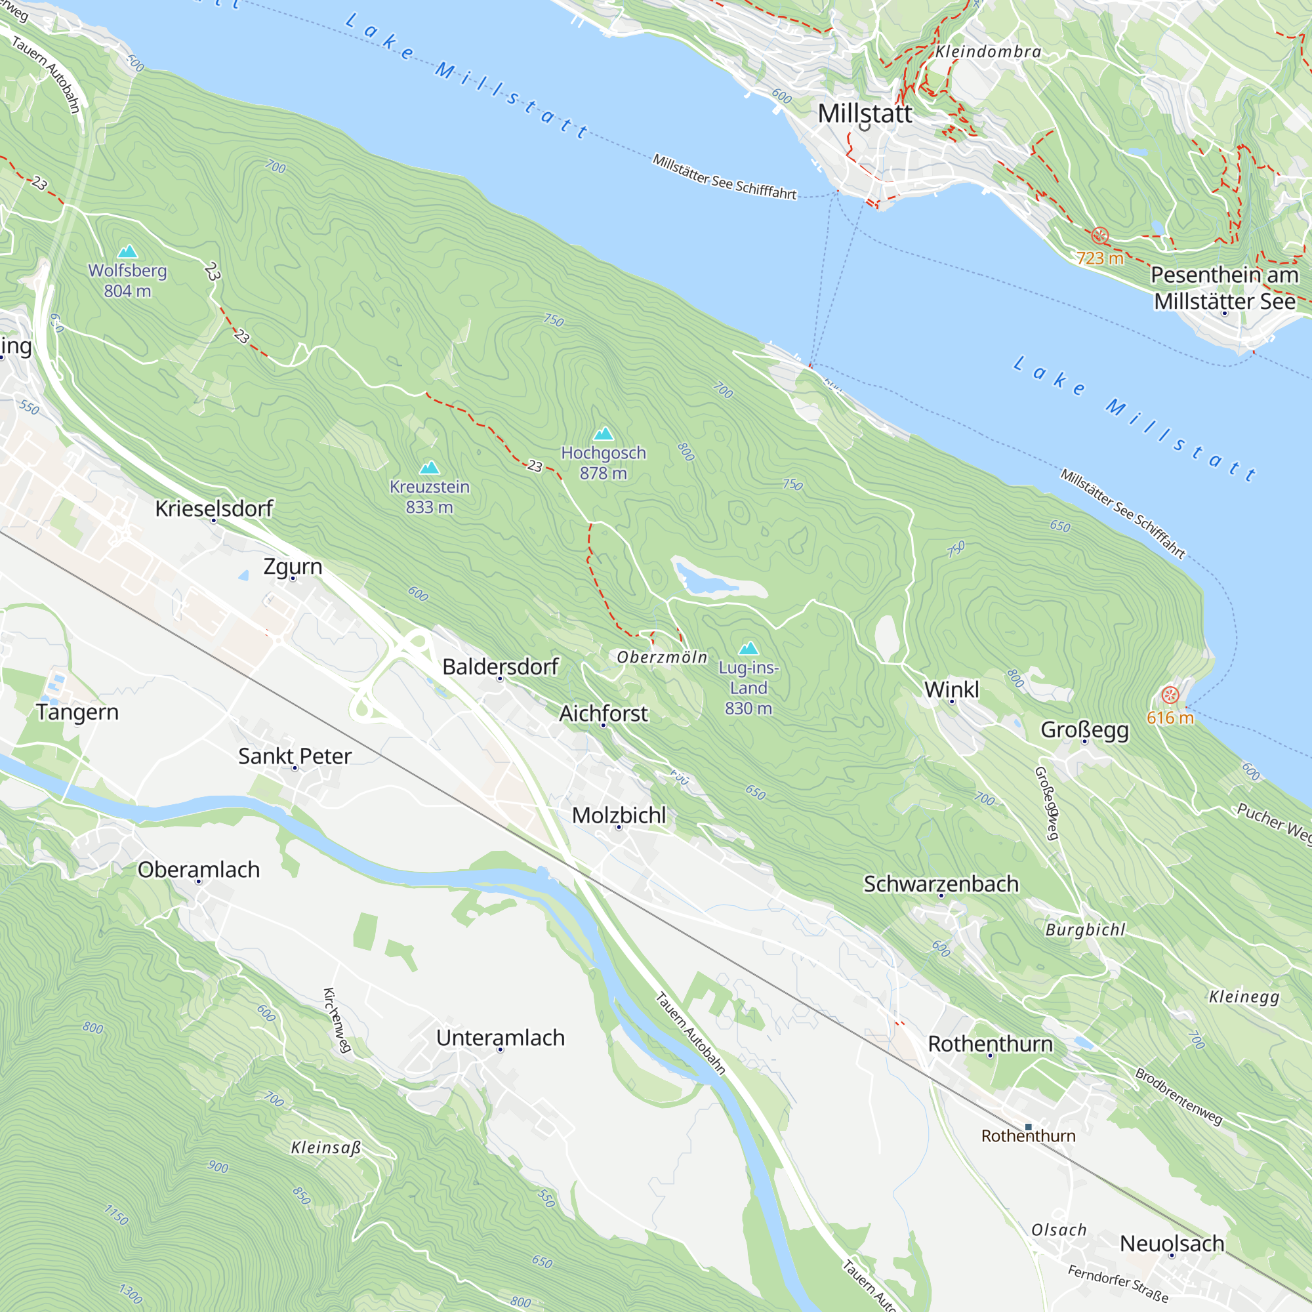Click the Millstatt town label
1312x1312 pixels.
pos(865,113)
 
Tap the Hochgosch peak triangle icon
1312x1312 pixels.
pos(604,434)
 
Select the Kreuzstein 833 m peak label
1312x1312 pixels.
pos(429,497)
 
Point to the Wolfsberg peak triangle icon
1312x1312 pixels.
pos(128,252)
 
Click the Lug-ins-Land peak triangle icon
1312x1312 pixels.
pos(748,648)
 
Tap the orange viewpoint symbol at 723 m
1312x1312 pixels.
pos(1099,236)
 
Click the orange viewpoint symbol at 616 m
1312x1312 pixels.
pos(1170,695)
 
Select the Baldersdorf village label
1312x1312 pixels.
pos(500,667)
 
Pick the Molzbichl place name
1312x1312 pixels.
pos(619,815)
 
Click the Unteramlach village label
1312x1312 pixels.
pos(500,1038)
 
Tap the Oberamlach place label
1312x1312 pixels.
pos(198,869)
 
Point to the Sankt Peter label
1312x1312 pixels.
pos(295,756)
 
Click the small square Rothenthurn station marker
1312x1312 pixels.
pos(1028,1126)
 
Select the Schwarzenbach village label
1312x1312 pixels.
pos(941,884)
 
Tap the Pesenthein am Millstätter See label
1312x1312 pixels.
pos(1223,288)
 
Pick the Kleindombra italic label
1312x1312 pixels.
pos(988,52)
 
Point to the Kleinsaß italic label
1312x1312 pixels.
pos(326,1147)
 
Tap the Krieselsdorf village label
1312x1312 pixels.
pos(213,508)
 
